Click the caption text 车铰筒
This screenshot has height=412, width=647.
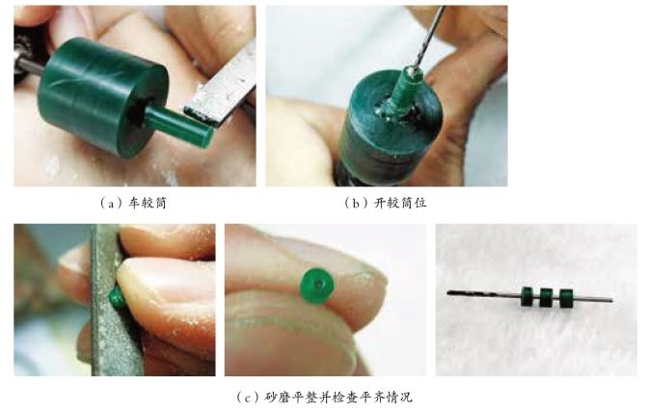point(148,203)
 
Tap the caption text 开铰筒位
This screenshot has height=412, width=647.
point(400,203)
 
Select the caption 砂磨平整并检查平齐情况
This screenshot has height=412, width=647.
point(337,398)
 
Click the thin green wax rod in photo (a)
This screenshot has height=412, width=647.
point(178,124)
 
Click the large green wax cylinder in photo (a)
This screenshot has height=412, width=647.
point(101,97)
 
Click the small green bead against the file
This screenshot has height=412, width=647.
point(116,297)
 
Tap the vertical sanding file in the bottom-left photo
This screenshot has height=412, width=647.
point(114,300)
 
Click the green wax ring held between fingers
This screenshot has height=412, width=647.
point(317,285)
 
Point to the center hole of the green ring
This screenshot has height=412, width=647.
point(319,284)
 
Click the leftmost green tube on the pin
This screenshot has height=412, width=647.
point(526,296)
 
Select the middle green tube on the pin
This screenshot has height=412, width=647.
point(546,297)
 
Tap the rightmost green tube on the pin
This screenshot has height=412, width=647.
point(566,298)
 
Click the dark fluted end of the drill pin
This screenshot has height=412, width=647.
point(474,293)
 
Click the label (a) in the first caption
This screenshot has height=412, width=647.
point(109,204)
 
